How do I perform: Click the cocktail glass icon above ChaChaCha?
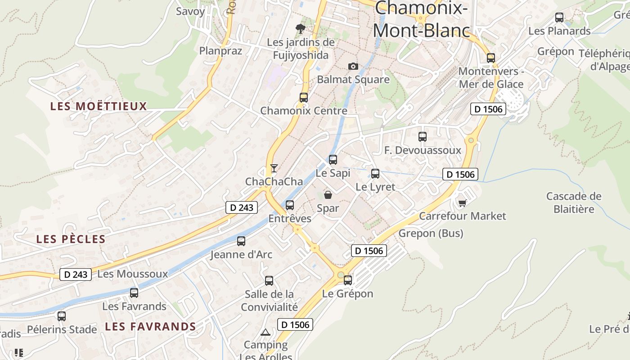[x=274, y=168]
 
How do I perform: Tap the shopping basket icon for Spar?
[x=328, y=195]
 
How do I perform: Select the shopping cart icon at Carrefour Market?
[x=462, y=203]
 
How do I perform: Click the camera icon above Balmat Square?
[x=353, y=67]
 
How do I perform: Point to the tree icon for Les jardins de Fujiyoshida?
[x=301, y=29]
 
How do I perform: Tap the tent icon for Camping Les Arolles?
[x=265, y=333]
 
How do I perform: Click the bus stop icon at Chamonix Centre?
[x=304, y=97]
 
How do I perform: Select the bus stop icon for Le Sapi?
[x=333, y=160]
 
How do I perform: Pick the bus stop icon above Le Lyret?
[x=375, y=174]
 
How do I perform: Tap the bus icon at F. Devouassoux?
[x=423, y=137]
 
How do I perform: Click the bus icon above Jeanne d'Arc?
[x=241, y=241]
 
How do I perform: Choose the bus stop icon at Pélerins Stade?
[x=62, y=316]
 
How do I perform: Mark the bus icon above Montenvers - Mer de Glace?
[x=491, y=58]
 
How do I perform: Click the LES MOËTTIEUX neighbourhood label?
[x=99, y=107]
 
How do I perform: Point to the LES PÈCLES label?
[x=71, y=239]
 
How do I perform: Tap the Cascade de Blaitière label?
[x=574, y=202]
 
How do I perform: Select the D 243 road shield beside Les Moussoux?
[x=76, y=274]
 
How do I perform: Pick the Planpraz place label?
[x=220, y=51]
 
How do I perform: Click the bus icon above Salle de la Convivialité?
[x=269, y=281]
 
